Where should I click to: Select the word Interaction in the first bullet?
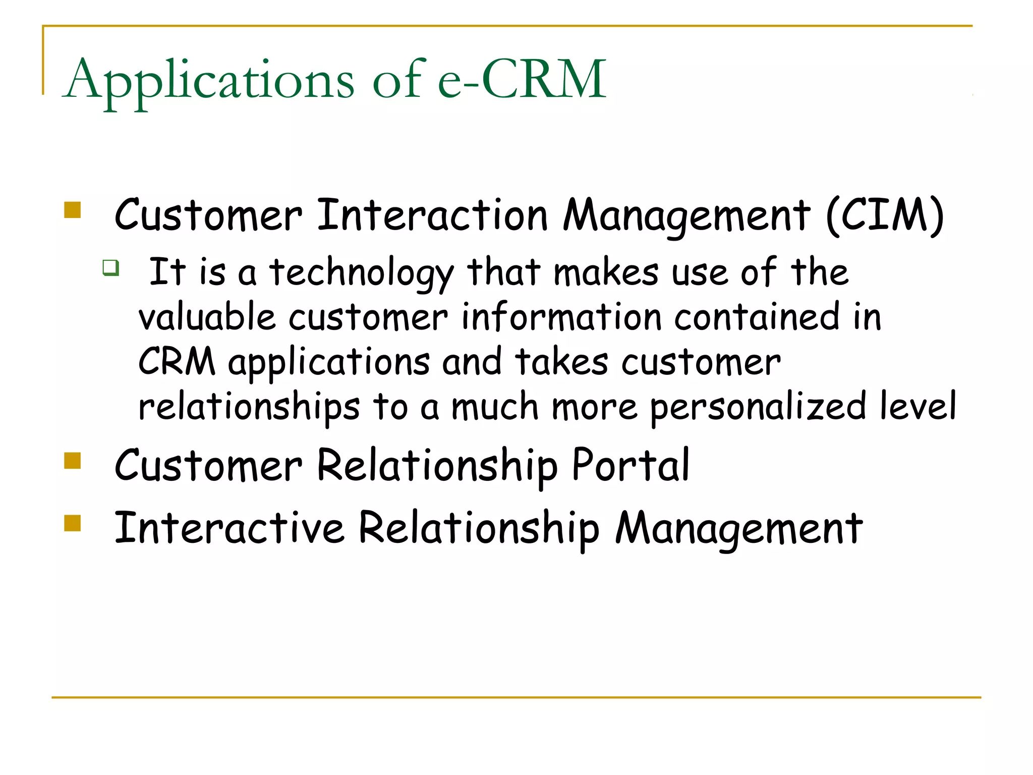point(432,216)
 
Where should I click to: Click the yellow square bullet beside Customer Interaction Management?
point(73,210)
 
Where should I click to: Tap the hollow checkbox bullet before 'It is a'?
point(110,267)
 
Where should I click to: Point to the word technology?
point(361,273)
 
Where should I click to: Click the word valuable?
point(207,318)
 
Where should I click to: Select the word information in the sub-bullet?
point(561,318)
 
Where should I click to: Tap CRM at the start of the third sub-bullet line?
point(177,362)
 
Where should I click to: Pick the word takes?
point(561,363)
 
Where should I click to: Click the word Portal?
point(630,465)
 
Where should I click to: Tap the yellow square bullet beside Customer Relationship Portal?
point(73,461)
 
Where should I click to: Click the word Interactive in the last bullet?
point(229,528)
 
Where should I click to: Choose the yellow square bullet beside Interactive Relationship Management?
point(73,523)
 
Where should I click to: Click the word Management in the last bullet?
point(739,529)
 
